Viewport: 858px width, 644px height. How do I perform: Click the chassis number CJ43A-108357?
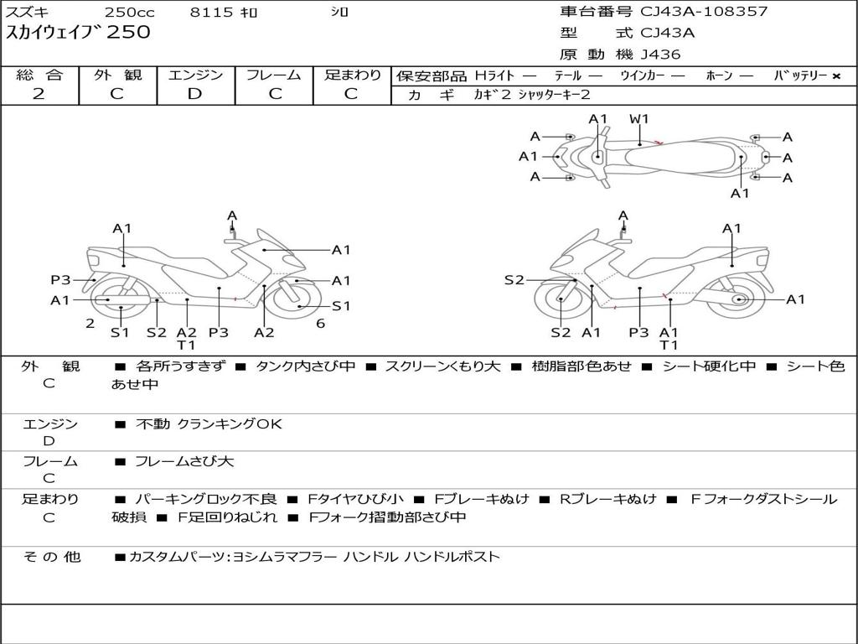coord(704,12)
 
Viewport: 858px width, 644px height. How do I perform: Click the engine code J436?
coord(661,55)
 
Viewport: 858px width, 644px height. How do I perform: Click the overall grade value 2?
coord(39,94)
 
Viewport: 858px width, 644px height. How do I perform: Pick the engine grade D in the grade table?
coord(194,94)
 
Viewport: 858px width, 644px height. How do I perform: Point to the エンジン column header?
coord(195,75)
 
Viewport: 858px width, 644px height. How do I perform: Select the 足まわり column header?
coord(353,75)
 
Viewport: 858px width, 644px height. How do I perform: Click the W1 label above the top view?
coord(639,119)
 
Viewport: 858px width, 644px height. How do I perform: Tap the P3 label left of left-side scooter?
coord(60,280)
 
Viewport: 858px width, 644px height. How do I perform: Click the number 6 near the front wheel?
coord(320,324)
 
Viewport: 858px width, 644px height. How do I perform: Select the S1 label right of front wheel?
coord(341,306)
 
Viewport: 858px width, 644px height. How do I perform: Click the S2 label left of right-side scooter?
coord(514,280)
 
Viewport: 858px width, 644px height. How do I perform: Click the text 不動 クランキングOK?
coord(209,424)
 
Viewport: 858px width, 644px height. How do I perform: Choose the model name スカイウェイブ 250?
coord(79,33)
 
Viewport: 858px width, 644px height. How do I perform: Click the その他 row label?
coord(51,557)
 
